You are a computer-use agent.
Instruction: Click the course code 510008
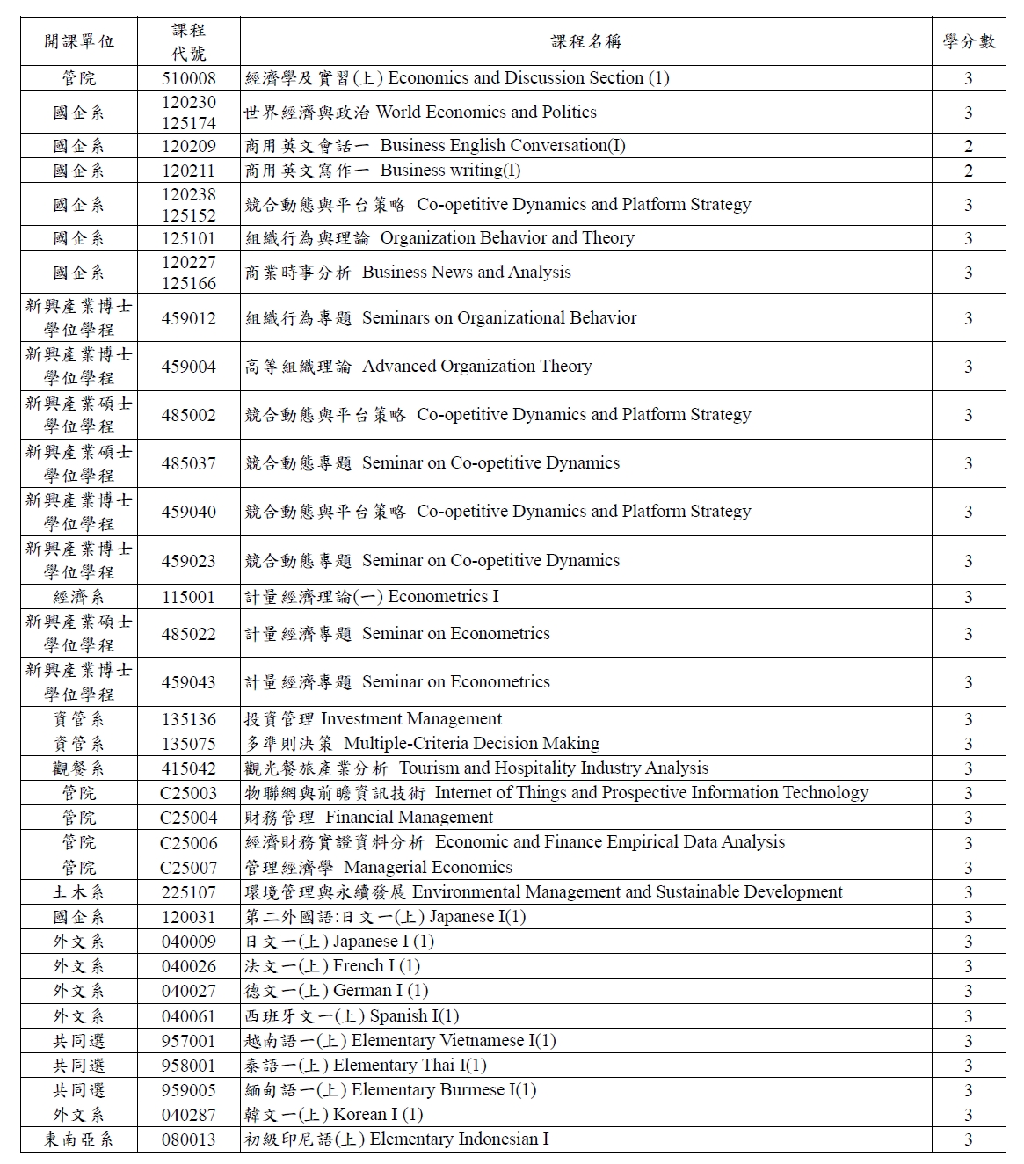coord(188,78)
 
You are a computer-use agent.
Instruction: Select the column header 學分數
coord(969,41)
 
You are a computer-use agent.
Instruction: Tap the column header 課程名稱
coord(586,41)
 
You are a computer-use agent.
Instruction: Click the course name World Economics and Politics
coord(420,113)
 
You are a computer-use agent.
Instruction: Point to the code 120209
coord(188,146)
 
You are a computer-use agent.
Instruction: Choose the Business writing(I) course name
coord(383,171)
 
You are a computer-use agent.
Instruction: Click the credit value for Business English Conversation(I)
coord(969,146)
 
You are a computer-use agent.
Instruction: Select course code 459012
coord(188,318)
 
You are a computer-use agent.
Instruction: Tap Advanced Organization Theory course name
coord(418,367)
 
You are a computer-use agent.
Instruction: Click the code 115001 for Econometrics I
coord(188,597)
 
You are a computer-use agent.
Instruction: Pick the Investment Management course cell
coord(374,719)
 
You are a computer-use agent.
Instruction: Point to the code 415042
coord(188,768)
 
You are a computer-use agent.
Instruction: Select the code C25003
coord(188,793)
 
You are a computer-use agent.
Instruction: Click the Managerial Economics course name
coord(379,868)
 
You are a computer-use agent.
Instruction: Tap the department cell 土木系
coord(78,892)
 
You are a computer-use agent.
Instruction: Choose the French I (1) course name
coord(332,966)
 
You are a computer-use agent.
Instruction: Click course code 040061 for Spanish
coord(188,1016)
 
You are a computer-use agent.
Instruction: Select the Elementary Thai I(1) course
coord(366,1066)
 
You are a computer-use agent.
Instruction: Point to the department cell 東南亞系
coord(78,1139)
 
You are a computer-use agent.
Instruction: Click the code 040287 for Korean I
coord(188,1115)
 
